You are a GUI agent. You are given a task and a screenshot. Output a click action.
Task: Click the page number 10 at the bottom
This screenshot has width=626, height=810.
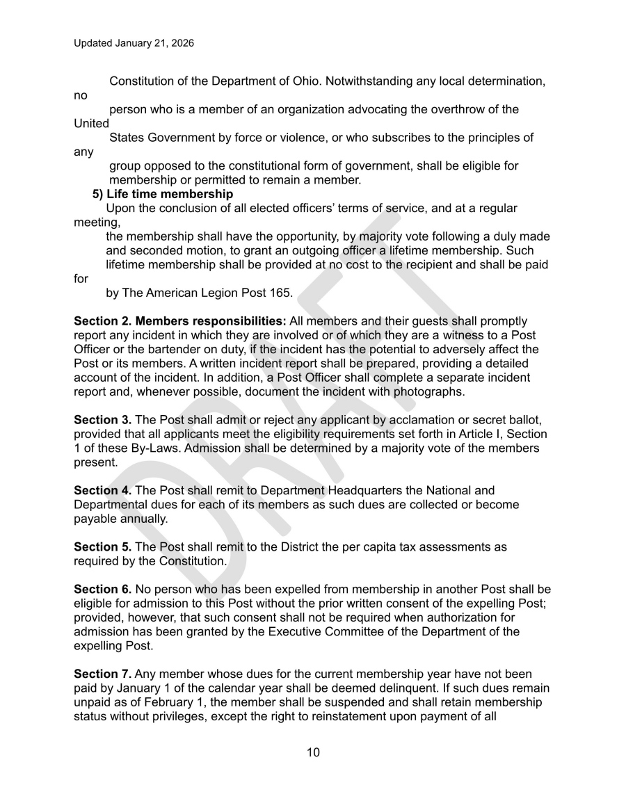click(313, 752)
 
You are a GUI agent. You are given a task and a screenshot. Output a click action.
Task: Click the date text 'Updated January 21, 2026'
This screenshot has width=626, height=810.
click(134, 43)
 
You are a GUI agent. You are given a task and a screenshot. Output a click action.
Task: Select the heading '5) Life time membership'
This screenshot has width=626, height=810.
click(163, 193)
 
